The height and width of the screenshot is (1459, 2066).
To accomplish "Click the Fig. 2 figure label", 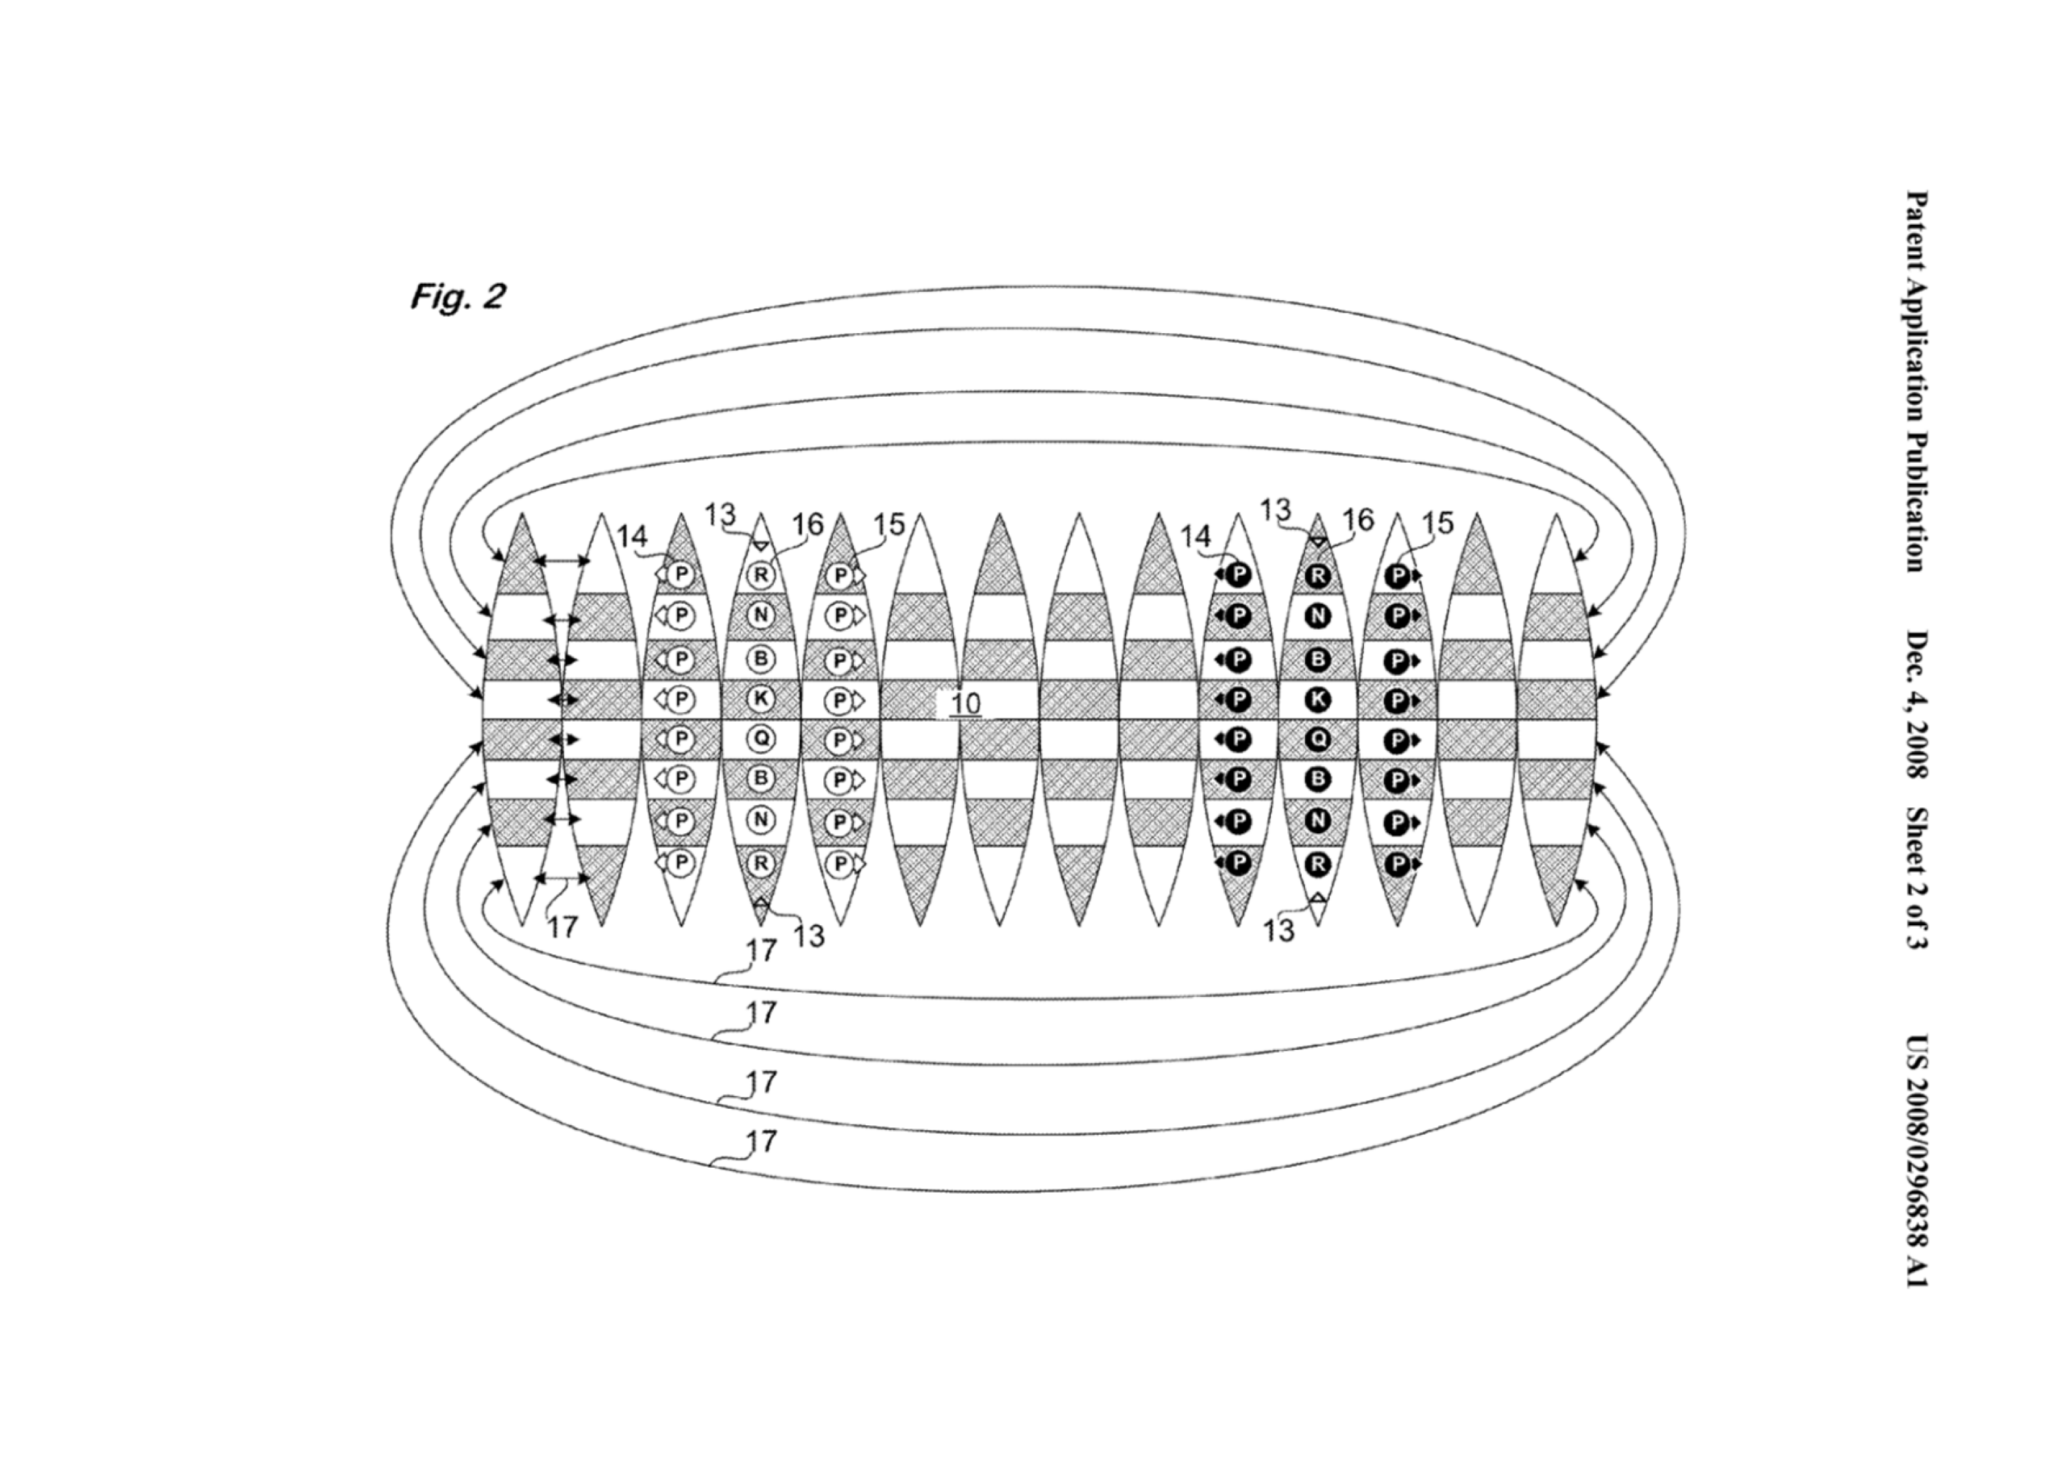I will point(458,296).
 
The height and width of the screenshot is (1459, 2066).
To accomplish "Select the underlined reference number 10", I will point(964,702).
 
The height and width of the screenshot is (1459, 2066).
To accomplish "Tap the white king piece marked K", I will point(760,698).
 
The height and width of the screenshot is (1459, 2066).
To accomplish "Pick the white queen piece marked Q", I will point(760,739).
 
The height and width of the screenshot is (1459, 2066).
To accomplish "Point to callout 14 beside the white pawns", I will point(632,537).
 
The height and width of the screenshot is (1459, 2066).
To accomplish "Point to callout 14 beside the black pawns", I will point(1196,537).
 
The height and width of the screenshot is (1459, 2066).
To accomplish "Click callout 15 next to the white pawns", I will point(889,524).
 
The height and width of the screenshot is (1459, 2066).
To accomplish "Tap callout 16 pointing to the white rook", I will point(807,524).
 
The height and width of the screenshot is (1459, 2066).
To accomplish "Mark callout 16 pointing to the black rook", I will point(1358,519).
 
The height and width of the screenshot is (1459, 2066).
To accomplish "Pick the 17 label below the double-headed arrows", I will point(563,928).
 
